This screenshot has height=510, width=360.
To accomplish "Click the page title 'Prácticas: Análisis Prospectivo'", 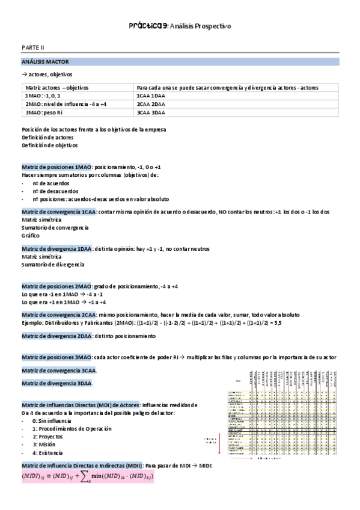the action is pos(180,26).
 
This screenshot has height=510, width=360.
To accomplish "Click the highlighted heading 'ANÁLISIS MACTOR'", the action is pos(45,61).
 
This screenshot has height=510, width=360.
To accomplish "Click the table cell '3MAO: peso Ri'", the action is pos(44,112).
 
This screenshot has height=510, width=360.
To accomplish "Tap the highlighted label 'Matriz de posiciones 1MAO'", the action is pos(56,167).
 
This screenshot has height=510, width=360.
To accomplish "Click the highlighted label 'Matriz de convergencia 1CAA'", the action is pos(58,212).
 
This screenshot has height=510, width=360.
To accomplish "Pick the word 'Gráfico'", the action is pos(31,235).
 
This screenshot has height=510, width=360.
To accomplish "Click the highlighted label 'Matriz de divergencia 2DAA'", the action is pos(56,336).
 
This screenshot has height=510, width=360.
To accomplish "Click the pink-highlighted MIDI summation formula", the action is pos(88,476).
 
